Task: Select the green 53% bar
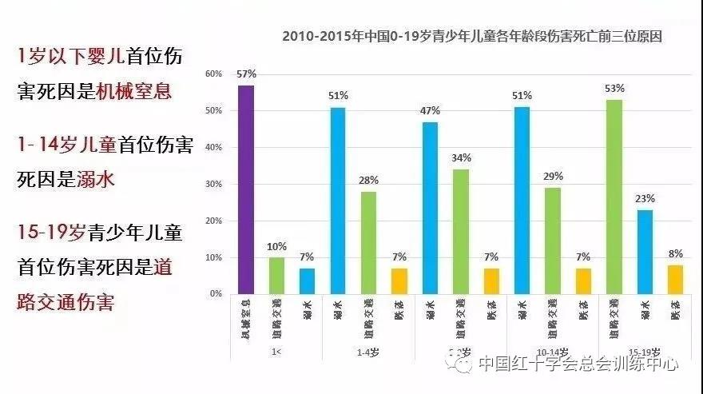coord(614,197)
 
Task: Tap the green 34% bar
coord(461,232)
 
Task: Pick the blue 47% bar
coord(430,208)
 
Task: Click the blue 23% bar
coord(645,252)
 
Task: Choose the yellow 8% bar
coord(676,280)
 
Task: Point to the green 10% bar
coord(276,276)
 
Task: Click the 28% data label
coord(369,181)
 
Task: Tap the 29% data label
coord(554,177)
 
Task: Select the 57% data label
coord(246,74)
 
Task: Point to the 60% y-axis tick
coord(213,74)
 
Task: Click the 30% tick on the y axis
coord(213,184)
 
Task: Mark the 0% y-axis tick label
coord(216,294)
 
